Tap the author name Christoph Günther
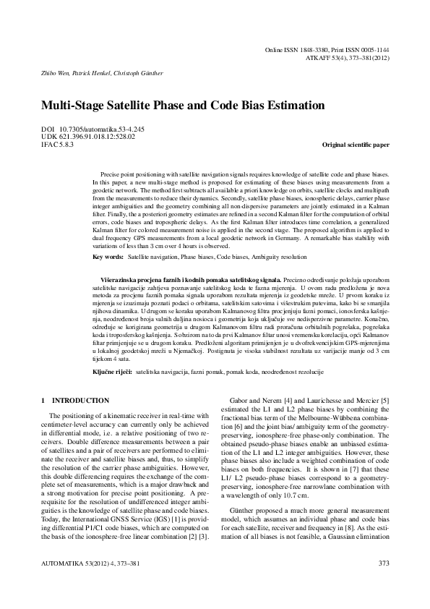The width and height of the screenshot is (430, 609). click(x=142, y=73)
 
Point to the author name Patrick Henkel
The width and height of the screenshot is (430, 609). click(x=90, y=73)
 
